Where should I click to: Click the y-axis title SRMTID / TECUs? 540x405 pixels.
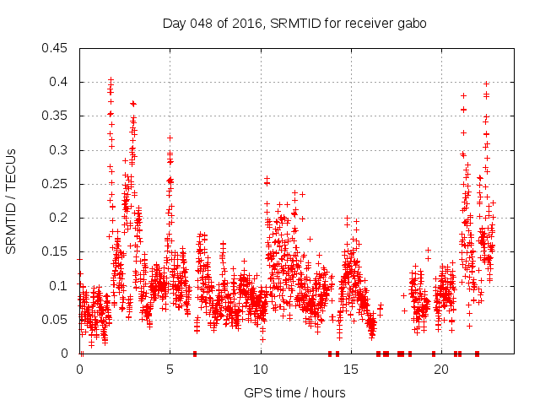11,201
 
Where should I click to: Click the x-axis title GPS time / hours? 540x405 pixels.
294,392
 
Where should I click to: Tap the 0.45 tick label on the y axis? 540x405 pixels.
57,48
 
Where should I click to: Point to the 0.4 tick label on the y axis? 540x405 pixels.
60,82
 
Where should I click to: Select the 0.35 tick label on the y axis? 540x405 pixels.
57,116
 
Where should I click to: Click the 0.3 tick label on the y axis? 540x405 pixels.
60,150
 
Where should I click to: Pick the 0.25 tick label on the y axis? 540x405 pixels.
57,184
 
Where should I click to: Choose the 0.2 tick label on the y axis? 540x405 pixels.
60,218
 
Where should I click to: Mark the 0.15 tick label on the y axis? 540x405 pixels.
57,252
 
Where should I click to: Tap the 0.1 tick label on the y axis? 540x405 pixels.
60,286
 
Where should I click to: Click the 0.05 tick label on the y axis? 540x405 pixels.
57,320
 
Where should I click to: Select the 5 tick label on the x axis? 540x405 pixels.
170,370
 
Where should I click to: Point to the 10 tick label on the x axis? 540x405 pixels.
261,370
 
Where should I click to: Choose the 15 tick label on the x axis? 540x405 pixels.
351,370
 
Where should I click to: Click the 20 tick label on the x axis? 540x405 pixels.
441,370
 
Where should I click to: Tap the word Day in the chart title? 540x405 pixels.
173,24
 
